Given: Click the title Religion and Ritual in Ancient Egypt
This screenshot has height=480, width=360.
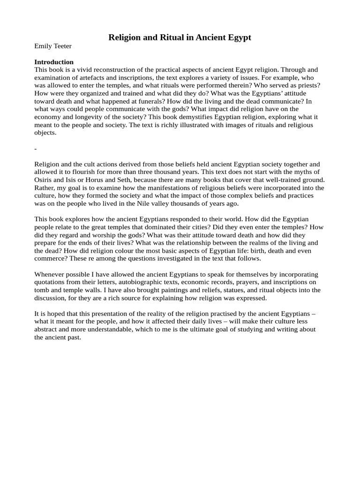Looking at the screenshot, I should [180, 37].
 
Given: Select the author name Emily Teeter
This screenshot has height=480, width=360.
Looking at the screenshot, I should [53, 46].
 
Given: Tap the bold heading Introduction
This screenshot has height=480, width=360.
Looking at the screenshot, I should [54, 62].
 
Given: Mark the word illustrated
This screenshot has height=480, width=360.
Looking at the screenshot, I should [177, 125].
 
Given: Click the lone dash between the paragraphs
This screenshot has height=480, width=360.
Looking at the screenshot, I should [36, 149].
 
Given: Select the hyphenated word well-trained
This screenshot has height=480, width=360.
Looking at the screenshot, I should [280, 180].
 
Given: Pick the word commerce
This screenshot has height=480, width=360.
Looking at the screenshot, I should [49, 258].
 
